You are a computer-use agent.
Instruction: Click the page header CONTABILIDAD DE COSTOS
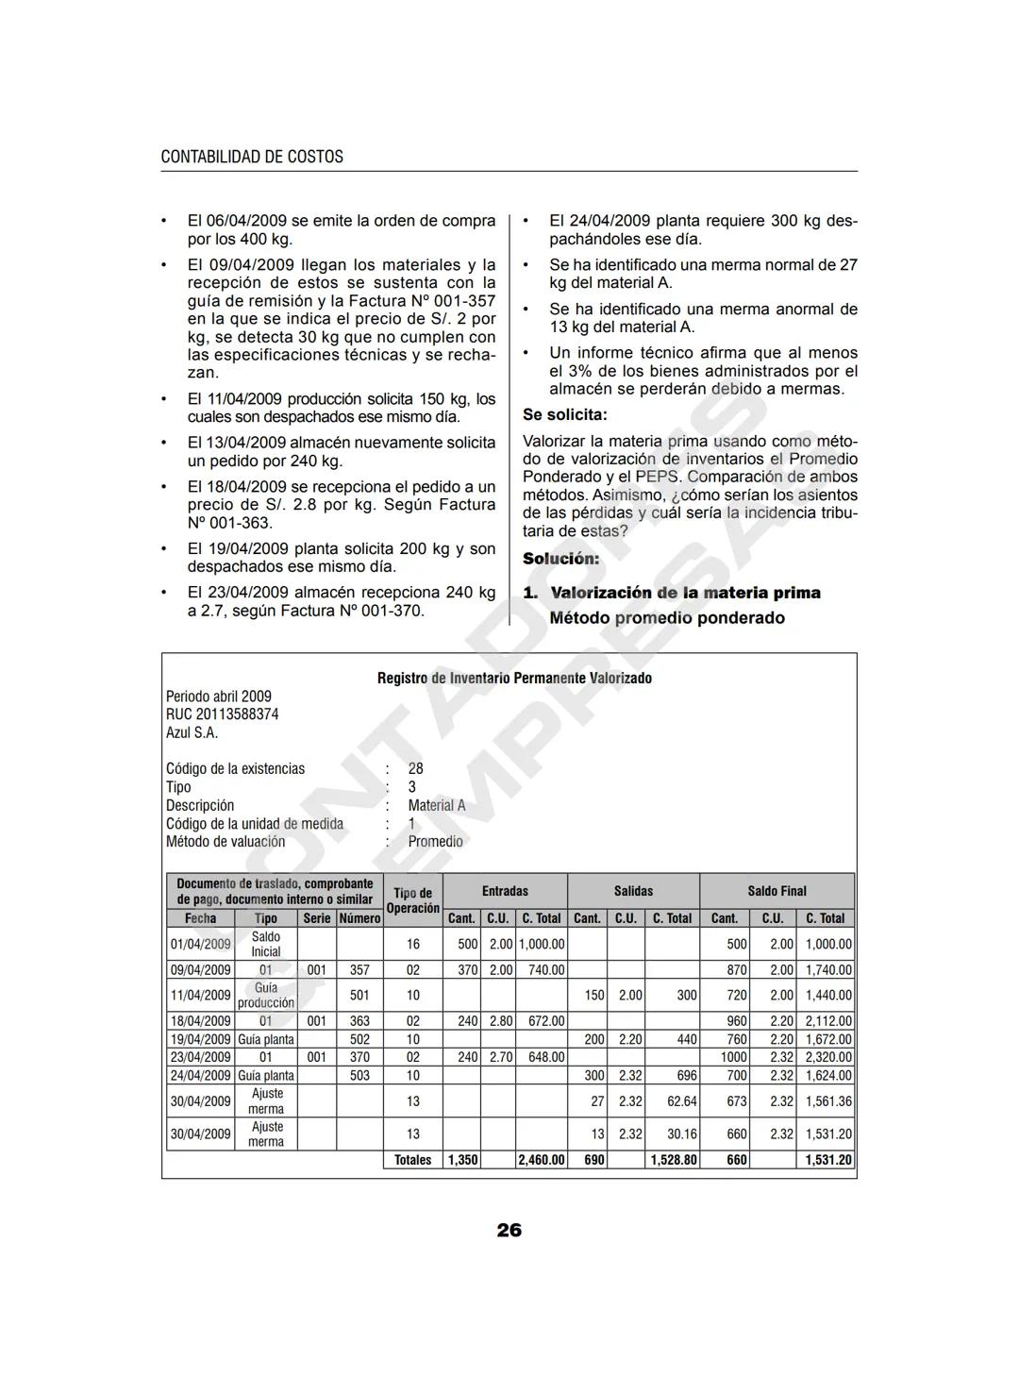(x=252, y=157)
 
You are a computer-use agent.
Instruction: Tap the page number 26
(x=509, y=1230)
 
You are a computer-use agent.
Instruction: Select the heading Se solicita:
(x=565, y=414)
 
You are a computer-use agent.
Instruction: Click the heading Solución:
(x=561, y=558)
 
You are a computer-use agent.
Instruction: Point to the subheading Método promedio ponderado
(x=667, y=618)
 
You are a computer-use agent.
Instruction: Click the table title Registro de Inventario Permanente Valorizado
(x=514, y=678)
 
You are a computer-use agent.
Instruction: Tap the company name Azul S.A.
(x=192, y=732)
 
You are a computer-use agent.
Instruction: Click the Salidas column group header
(x=633, y=891)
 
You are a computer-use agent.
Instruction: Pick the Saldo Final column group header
(x=777, y=891)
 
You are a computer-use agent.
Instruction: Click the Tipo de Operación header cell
(x=412, y=900)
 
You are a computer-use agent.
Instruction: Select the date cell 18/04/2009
(x=200, y=1021)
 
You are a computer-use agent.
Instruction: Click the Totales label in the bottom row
(x=412, y=1160)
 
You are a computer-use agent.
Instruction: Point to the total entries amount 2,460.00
(x=542, y=1160)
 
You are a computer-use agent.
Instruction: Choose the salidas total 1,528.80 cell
(x=673, y=1160)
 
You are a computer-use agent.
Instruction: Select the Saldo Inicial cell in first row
(x=265, y=944)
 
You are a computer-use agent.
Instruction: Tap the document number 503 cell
(x=359, y=1075)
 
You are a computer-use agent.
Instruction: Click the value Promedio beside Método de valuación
(x=435, y=842)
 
